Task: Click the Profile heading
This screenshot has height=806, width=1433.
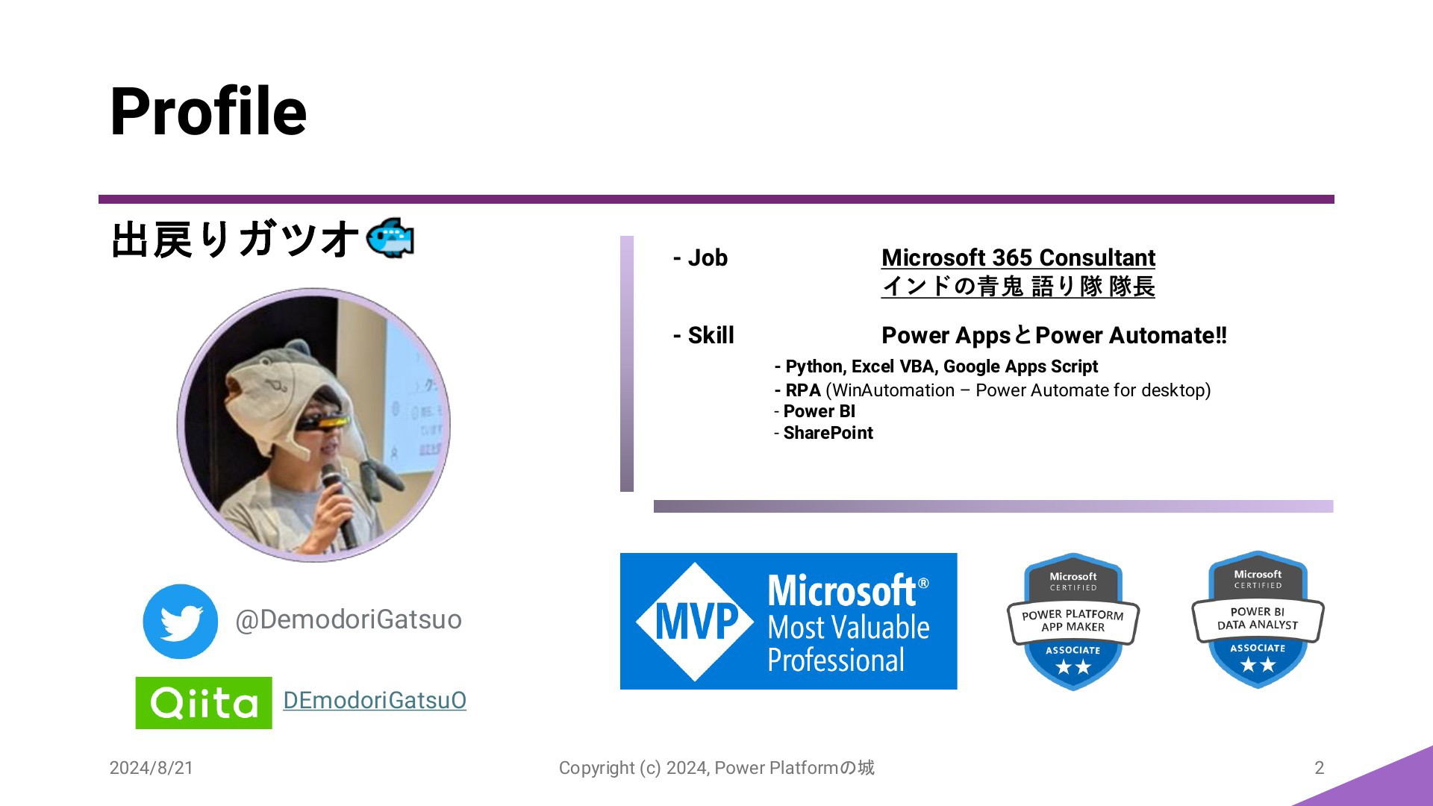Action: pyautogui.click(x=208, y=112)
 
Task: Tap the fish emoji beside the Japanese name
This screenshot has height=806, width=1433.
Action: pyautogui.click(x=390, y=239)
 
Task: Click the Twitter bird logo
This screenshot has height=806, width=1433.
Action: pyautogui.click(x=181, y=622)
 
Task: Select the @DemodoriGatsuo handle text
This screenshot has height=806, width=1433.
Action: pyautogui.click(x=349, y=619)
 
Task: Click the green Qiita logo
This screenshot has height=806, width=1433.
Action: pyautogui.click(x=204, y=703)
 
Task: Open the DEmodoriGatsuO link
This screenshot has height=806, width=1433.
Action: pyautogui.click(x=375, y=700)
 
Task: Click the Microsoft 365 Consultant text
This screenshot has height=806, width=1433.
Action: pyautogui.click(x=1018, y=257)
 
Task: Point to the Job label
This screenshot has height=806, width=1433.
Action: pyautogui.click(x=700, y=258)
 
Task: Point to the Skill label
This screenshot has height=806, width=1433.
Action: pyautogui.click(x=703, y=336)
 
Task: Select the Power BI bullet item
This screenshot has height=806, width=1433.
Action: pyautogui.click(x=815, y=411)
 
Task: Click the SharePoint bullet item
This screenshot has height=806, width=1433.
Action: pyautogui.click(x=823, y=433)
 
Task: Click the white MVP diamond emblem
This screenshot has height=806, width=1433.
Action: pyautogui.click(x=695, y=622)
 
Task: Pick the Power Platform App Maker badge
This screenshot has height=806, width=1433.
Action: pyautogui.click(x=1073, y=622)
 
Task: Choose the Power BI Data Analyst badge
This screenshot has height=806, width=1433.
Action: pyautogui.click(x=1258, y=619)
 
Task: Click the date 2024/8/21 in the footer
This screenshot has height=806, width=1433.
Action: pyautogui.click(x=152, y=768)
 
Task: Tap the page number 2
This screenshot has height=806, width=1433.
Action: pyautogui.click(x=1319, y=768)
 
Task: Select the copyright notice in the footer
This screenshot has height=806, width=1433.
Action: pyautogui.click(x=716, y=768)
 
